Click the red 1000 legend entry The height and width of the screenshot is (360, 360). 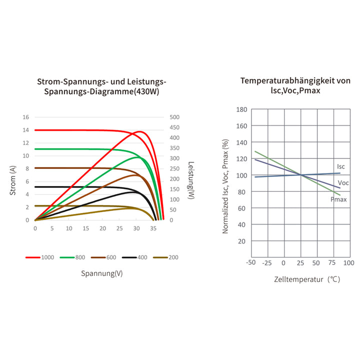[x=40, y=257]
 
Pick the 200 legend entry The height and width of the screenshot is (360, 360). [x=166, y=257]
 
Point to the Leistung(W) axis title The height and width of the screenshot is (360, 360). [x=191, y=180]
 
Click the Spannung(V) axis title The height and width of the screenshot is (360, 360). [x=101, y=273]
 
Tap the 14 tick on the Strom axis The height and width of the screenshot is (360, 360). [x=25, y=130]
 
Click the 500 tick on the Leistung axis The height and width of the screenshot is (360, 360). [x=175, y=117]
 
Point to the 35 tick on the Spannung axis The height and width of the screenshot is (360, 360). [x=153, y=228]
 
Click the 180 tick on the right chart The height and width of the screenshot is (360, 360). [x=241, y=109]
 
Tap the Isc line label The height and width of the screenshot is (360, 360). [x=340, y=166]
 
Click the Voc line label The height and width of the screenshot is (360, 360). [x=343, y=183]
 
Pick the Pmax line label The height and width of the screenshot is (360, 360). [x=338, y=199]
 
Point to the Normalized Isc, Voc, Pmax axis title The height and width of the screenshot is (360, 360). [x=225, y=186]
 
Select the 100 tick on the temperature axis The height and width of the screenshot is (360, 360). [x=349, y=262]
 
